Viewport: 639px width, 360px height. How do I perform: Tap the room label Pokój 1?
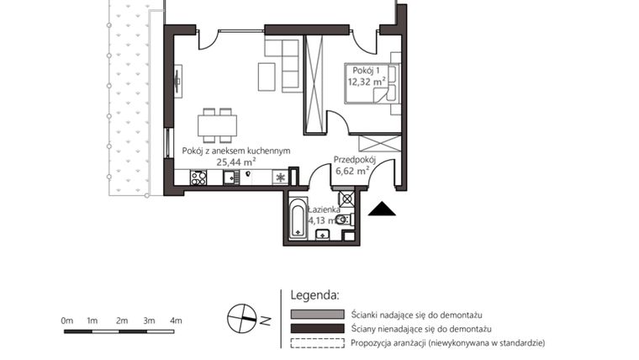pos(367,70)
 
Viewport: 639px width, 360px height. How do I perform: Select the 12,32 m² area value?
pos(367,82)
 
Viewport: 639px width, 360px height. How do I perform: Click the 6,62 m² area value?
pos(352,170)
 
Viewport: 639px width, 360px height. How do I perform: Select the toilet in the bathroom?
pos(342,220)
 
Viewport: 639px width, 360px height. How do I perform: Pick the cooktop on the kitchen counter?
pos(198,177)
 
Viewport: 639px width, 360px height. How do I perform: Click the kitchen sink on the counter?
pos(230,177)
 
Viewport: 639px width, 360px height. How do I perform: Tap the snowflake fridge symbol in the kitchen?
pos(279,177)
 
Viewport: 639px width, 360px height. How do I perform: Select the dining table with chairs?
pos(217,124)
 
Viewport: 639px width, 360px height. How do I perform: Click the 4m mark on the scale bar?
pos(176,320)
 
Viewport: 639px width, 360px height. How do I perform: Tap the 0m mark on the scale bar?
pos(66,320)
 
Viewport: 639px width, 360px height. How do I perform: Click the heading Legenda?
pos(314,295)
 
